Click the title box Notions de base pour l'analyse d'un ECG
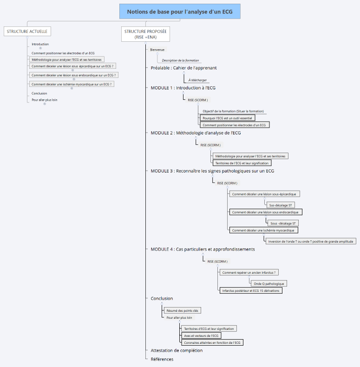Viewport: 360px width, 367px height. pyautogui.click(x=180, y=12)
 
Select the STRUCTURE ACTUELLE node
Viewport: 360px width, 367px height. pyautogui.click(x=27, y=32)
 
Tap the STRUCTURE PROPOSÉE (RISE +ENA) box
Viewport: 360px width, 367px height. pyautogui.click(x=146, y=34)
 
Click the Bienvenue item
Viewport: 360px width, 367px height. pyautogui.click(x=157, y=50)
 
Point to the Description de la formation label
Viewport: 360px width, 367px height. pyautogui.click(x=180, y=60)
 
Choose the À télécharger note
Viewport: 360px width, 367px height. pyautogui.click(x=197, y=80)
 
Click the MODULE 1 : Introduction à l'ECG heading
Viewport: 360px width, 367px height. pyautogui.click(x=183, y=88)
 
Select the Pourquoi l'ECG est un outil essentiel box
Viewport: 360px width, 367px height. pyautogui.click(x=228, y=118)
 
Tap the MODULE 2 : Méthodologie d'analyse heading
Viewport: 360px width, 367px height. pyautogui.click(x=196, y=133)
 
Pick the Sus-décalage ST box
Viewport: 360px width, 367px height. pyautogui.click(x=281, y=205)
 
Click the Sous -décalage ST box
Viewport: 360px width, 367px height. pyautogui.click(x=284, y=223)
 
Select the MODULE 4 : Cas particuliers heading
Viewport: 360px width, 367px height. pyautogui.click(x=203, y=249)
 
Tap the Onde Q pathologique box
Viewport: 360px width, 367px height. pyautogui.click(x=268, y=283)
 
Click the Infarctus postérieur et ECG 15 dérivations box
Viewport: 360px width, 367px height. pyautogui.click(x=251, y=290)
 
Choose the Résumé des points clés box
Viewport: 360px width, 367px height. pyautogui.click(x=183, y=310)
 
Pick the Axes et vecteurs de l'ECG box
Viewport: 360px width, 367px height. pyautogui.click(x=202, y=335)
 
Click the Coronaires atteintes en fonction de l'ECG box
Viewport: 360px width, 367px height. pyautogui.click(x=213, y=342)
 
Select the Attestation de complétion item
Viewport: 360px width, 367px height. pyautogui.click(x=177, y=350)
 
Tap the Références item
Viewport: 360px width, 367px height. pyautogui.click(x=162, y=359)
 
